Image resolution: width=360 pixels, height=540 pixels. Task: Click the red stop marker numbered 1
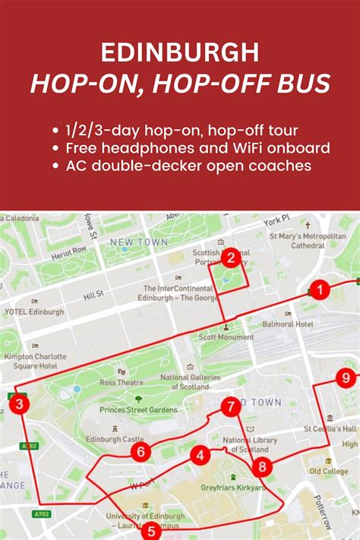pos(321,289)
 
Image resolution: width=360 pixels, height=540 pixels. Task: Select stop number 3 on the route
pos(19,406)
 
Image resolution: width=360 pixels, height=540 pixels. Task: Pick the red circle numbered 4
pos(200,456)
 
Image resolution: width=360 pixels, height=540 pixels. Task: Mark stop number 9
pos(346,377)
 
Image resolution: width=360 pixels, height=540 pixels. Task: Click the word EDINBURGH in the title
pos(179,52)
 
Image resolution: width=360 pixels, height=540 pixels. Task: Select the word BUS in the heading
pos(305,83)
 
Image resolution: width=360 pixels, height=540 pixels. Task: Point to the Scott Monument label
pos(226,336)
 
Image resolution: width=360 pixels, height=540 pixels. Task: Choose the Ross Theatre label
pos(122,383)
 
